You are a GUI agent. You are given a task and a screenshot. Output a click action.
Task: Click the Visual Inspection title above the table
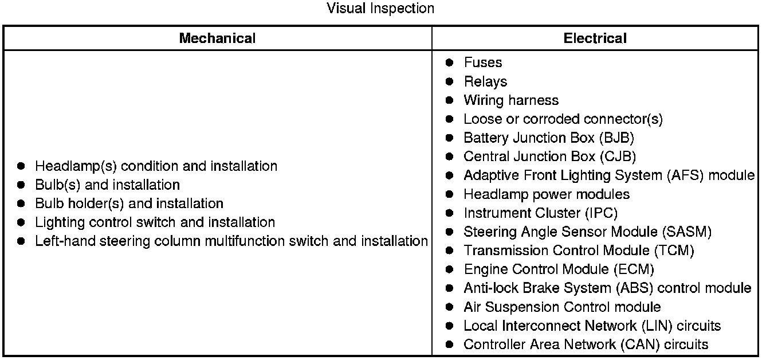(x=380, y=9)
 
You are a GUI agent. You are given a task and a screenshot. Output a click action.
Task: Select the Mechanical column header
(x=217, y=38)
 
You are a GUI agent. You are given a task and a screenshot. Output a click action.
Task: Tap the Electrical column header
(x=595, y=38)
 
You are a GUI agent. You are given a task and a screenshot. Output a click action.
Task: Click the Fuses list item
(x=482, y=62)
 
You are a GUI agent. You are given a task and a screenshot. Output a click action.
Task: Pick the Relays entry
(x=485, y=81)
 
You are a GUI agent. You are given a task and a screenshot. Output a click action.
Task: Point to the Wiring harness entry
(x=510, y=100)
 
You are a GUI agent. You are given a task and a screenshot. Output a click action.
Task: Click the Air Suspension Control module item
(x=561, y=307)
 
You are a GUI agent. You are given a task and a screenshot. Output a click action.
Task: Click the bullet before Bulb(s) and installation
(x=21, y=185)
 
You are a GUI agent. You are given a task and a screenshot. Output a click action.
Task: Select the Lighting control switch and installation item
(x=155, y=222)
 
